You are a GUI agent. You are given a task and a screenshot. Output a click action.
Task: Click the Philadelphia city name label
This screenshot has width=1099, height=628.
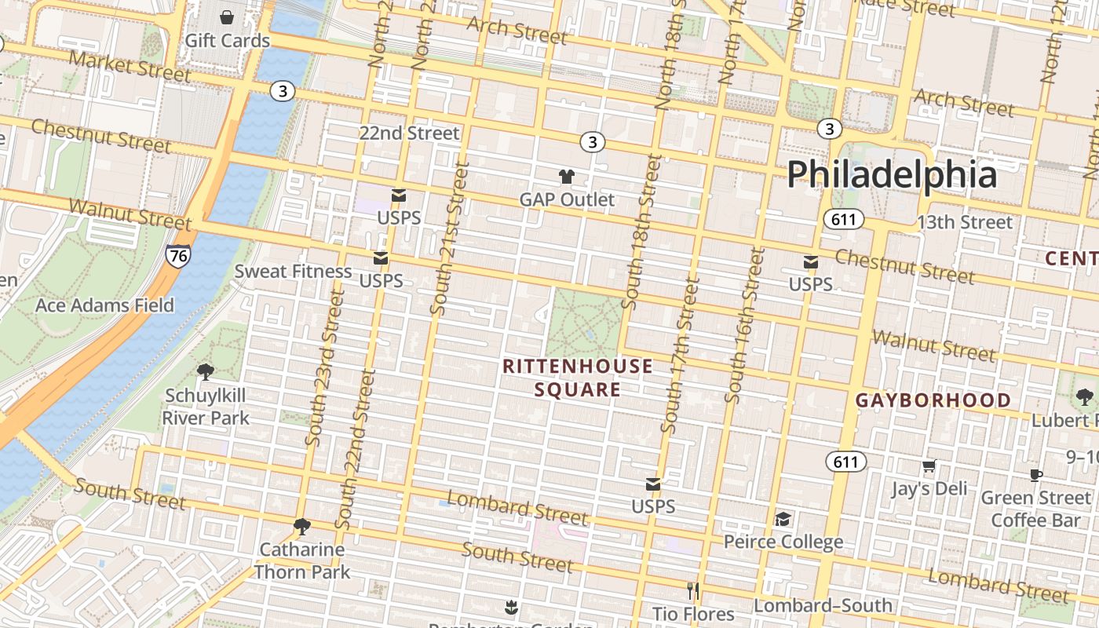(x=892, y=174)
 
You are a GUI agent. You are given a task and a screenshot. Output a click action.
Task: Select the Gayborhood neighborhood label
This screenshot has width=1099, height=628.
(x=933, y=400)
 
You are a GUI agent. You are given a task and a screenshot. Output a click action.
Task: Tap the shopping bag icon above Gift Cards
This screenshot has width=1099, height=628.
(x=227, y=17)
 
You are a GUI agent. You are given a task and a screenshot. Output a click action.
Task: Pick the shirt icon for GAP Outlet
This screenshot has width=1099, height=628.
(x=566, y=177)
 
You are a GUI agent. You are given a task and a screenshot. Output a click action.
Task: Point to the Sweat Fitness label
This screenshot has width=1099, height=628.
(x=294, y=272)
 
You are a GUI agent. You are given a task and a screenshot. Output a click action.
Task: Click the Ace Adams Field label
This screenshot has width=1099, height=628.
(x=104, y=305)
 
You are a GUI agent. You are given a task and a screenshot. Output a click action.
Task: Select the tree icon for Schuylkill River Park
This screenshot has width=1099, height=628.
(x=206, y=371)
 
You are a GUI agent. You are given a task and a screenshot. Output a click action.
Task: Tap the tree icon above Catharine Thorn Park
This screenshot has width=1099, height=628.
(x=301, y=526)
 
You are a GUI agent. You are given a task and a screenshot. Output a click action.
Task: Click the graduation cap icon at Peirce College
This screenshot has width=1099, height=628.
(x=783, y=519)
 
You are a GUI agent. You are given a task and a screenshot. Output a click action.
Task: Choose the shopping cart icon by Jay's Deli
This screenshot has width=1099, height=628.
(x=929, y=466)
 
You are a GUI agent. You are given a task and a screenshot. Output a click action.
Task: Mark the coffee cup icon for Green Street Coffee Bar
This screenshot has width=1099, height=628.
(x=1036, y=475)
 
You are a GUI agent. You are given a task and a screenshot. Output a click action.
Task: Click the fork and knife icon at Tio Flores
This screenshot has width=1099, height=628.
(x=692, y=590)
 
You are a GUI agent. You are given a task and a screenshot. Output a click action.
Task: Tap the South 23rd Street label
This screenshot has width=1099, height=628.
(x=325, y=367)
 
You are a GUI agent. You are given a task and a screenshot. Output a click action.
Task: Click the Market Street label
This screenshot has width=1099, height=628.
(x=130, y=67)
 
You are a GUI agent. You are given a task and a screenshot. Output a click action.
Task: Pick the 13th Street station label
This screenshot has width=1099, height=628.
(x=965, y=222)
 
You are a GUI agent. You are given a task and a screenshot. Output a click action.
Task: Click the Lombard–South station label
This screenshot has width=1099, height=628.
(x=823, y=605)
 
